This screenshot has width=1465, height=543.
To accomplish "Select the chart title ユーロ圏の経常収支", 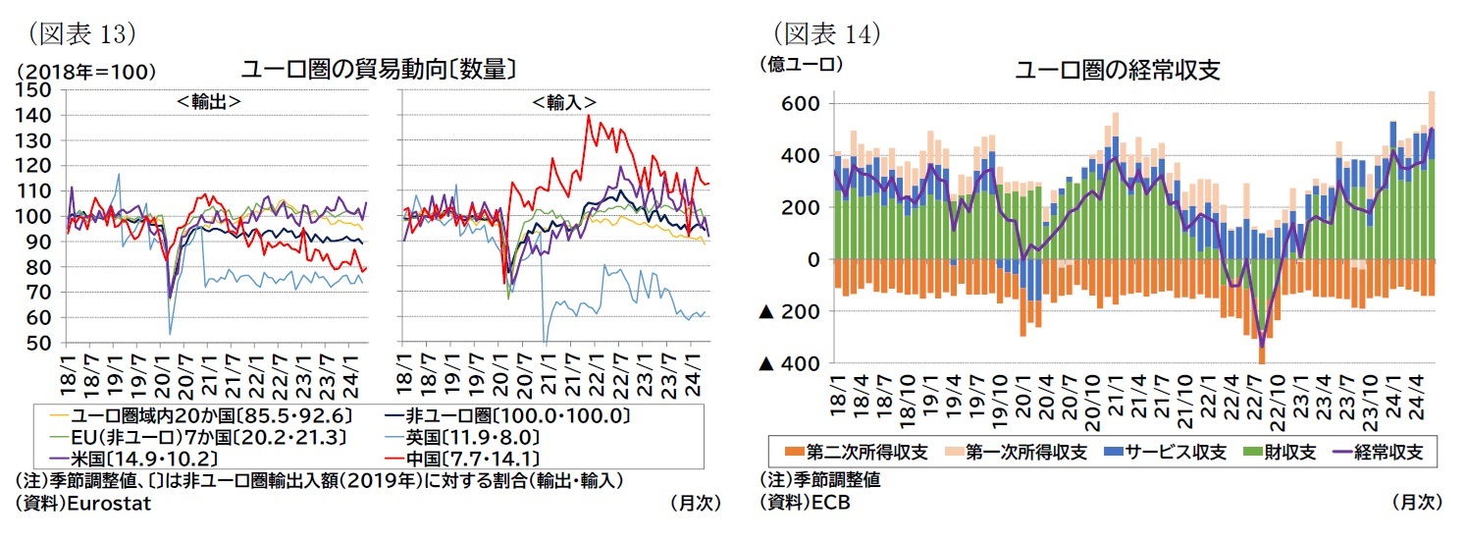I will click(x=1117, y=71).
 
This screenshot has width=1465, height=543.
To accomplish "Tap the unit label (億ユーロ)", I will click(x=801, y=65).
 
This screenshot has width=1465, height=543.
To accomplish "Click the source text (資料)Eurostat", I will click(x=82, y=502).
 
